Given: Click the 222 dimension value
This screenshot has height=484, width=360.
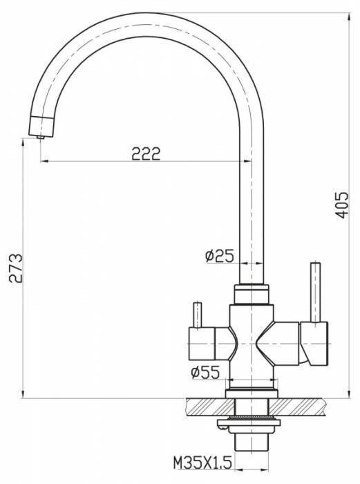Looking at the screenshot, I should click(146, 153).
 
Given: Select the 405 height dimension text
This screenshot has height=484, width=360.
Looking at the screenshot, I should click(341, 205).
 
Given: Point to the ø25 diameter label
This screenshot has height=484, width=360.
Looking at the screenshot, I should click(219, 255).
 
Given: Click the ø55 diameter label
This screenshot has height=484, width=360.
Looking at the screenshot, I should click(205, 373).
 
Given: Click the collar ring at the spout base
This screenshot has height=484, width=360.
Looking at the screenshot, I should click(250, 293).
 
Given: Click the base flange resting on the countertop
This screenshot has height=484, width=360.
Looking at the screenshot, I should click(250, 393).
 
